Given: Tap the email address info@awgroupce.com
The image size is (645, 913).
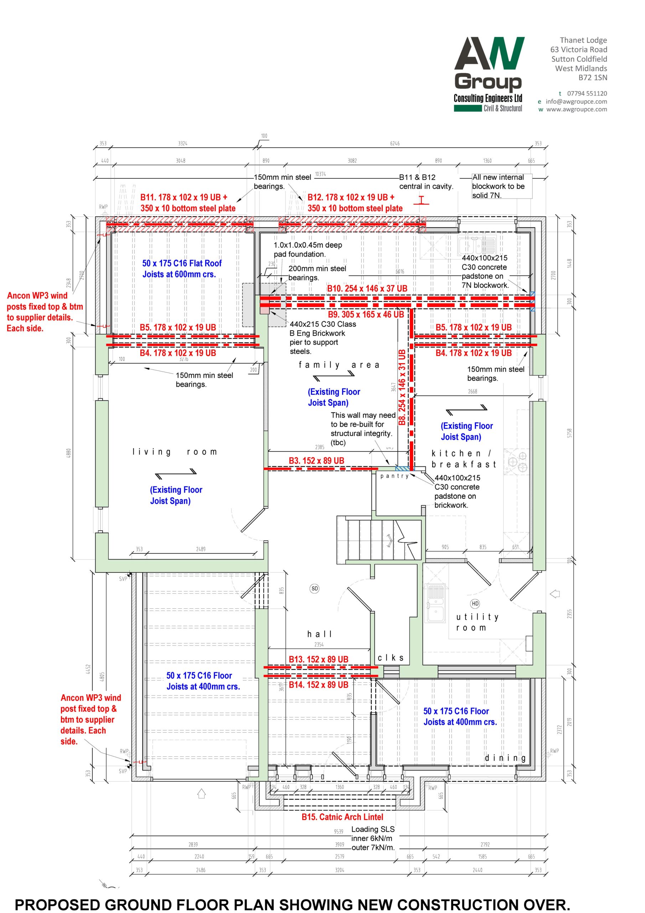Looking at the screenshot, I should [x=576, y=101].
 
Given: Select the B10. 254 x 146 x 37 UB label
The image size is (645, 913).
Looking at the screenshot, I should [x=367, y=288].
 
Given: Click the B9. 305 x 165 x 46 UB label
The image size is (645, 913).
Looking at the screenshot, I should [x=366, y=314].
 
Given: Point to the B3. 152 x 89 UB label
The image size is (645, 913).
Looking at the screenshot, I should [x=316, y=460].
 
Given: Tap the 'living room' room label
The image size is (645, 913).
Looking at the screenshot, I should [x=175, y=452].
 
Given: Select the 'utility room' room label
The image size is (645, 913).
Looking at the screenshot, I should [x=477, y=622].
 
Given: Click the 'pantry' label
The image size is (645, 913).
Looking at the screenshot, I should [x=394, y=476].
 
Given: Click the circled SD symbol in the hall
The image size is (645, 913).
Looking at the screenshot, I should [x=315, y=588].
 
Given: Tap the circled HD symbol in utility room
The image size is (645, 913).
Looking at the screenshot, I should [x=475, y=604].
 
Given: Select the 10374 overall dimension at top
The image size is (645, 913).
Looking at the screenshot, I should [x=320, y=174].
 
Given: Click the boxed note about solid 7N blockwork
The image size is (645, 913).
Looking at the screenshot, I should [x=501, y=186].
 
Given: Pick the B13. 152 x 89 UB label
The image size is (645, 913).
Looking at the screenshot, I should [x=318, y=659].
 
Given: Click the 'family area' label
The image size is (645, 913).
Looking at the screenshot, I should [x=339, y=365].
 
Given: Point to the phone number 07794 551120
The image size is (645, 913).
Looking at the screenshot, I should [x=587, y=93].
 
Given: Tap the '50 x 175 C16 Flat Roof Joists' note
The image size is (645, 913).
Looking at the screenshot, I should [x=182, y=269].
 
